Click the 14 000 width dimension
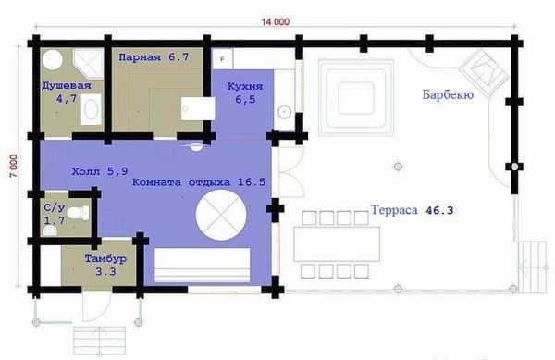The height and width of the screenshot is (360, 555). pos(276,21)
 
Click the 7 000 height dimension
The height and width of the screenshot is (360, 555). pos(14,166)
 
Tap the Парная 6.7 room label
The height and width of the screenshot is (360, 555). pos(154,57)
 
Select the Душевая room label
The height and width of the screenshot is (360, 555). pos(67,85)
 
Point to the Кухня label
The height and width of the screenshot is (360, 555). pos(245,86)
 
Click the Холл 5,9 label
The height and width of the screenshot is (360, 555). pos(100,171)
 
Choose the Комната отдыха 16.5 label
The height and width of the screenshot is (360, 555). pos(199,182)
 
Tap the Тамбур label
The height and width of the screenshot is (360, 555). pos(105,259)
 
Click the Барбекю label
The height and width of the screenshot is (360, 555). pos(448,94)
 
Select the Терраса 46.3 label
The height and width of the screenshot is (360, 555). pos(412,210)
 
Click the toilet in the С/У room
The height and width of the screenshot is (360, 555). pos(79,213)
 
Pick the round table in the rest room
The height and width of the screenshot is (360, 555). pos(221,216)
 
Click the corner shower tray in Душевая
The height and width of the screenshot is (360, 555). pos(89,63)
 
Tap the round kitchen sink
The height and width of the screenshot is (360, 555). pos(284,112)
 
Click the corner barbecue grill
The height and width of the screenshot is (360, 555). pos(484,72)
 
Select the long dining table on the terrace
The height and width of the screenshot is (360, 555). pos(337,244)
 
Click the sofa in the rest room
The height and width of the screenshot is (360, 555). pos(202,265)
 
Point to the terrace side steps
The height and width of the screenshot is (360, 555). pos(533,267)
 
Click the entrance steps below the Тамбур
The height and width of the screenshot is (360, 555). pos(100,341)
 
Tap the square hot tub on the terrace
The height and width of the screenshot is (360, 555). pos(356,98)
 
